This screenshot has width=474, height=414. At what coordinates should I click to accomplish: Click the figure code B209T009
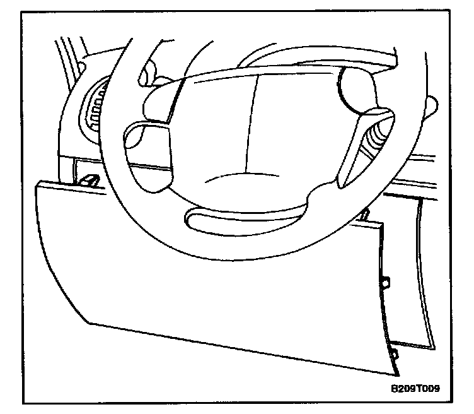tap(414, 389)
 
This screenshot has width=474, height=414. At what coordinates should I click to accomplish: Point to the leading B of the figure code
tap(394, 389)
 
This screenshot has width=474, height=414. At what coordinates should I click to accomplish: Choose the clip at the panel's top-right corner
tap(365, 215)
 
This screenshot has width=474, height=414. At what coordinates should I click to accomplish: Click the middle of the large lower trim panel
tap(221, 297)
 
